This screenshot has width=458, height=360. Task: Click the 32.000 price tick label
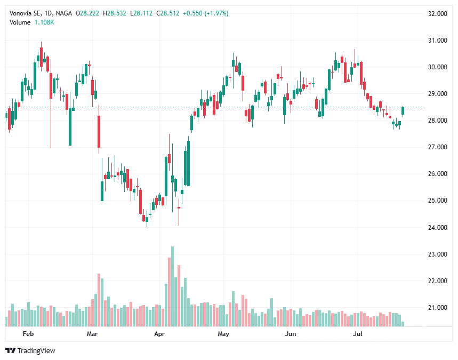coord(437,14)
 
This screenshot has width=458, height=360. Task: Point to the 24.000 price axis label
coord(437,228)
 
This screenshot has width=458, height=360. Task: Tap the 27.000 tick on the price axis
coord(437,147)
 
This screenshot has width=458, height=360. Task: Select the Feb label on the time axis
coord(28,334)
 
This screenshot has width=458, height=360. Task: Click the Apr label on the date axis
coord(159,334)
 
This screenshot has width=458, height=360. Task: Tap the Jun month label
coord(291,334)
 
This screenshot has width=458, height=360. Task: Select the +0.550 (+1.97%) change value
coord(205,13)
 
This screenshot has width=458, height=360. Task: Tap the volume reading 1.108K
coord(45,22)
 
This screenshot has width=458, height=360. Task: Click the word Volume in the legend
coord(20,22)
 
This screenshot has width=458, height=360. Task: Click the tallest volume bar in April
coord(172,286)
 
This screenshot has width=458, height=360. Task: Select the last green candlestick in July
coord(403,110)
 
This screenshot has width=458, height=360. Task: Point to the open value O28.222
coord(88,13)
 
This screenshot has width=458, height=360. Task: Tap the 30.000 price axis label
coord(437,67)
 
